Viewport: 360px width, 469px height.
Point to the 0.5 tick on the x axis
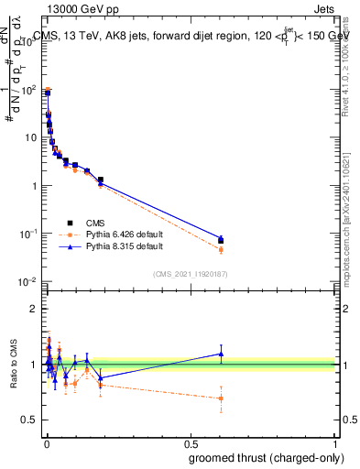click(x=190, y=443)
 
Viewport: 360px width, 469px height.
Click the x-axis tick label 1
click(x=334, y=443)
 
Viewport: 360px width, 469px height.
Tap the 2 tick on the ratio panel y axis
click(x=37, y=309)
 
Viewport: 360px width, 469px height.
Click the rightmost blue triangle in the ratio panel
click(x=220, y=354)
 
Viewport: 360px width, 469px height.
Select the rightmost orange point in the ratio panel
click(x=220, y=398)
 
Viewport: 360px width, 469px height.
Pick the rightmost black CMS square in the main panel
click(x=220, y=240)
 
